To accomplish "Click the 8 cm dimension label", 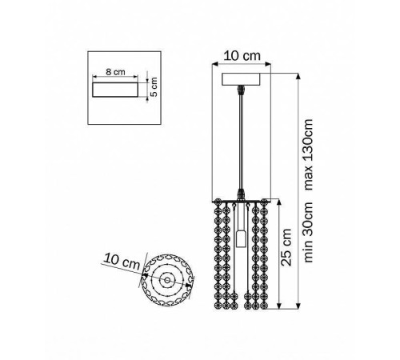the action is pos(115,72).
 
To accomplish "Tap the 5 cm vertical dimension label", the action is pos(154,86).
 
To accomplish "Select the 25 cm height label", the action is pos(286,247).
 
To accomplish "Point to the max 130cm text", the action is pos(308,154).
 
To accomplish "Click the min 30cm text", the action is pos(308,232).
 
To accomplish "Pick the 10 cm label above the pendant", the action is pos(242,56).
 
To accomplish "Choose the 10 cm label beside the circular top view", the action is pos(122,261).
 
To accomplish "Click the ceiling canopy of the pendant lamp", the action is pos(241,79).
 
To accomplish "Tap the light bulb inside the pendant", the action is pos(241,238).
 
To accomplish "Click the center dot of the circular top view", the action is pos(167,280).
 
